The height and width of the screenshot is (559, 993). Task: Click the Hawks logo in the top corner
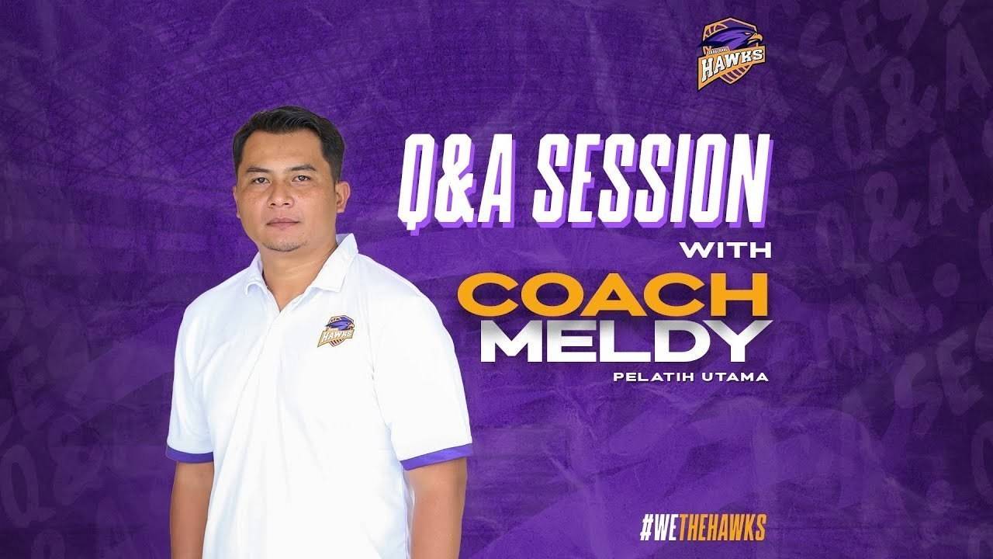(732, 54)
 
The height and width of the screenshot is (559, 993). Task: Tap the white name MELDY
(625, 341)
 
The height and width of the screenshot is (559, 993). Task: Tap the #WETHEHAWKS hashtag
(702, 529)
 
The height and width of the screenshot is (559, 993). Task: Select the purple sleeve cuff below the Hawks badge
(437, 457)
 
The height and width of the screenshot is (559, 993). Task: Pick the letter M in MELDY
(514, 341)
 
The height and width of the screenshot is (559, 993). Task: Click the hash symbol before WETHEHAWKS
(646, 529)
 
